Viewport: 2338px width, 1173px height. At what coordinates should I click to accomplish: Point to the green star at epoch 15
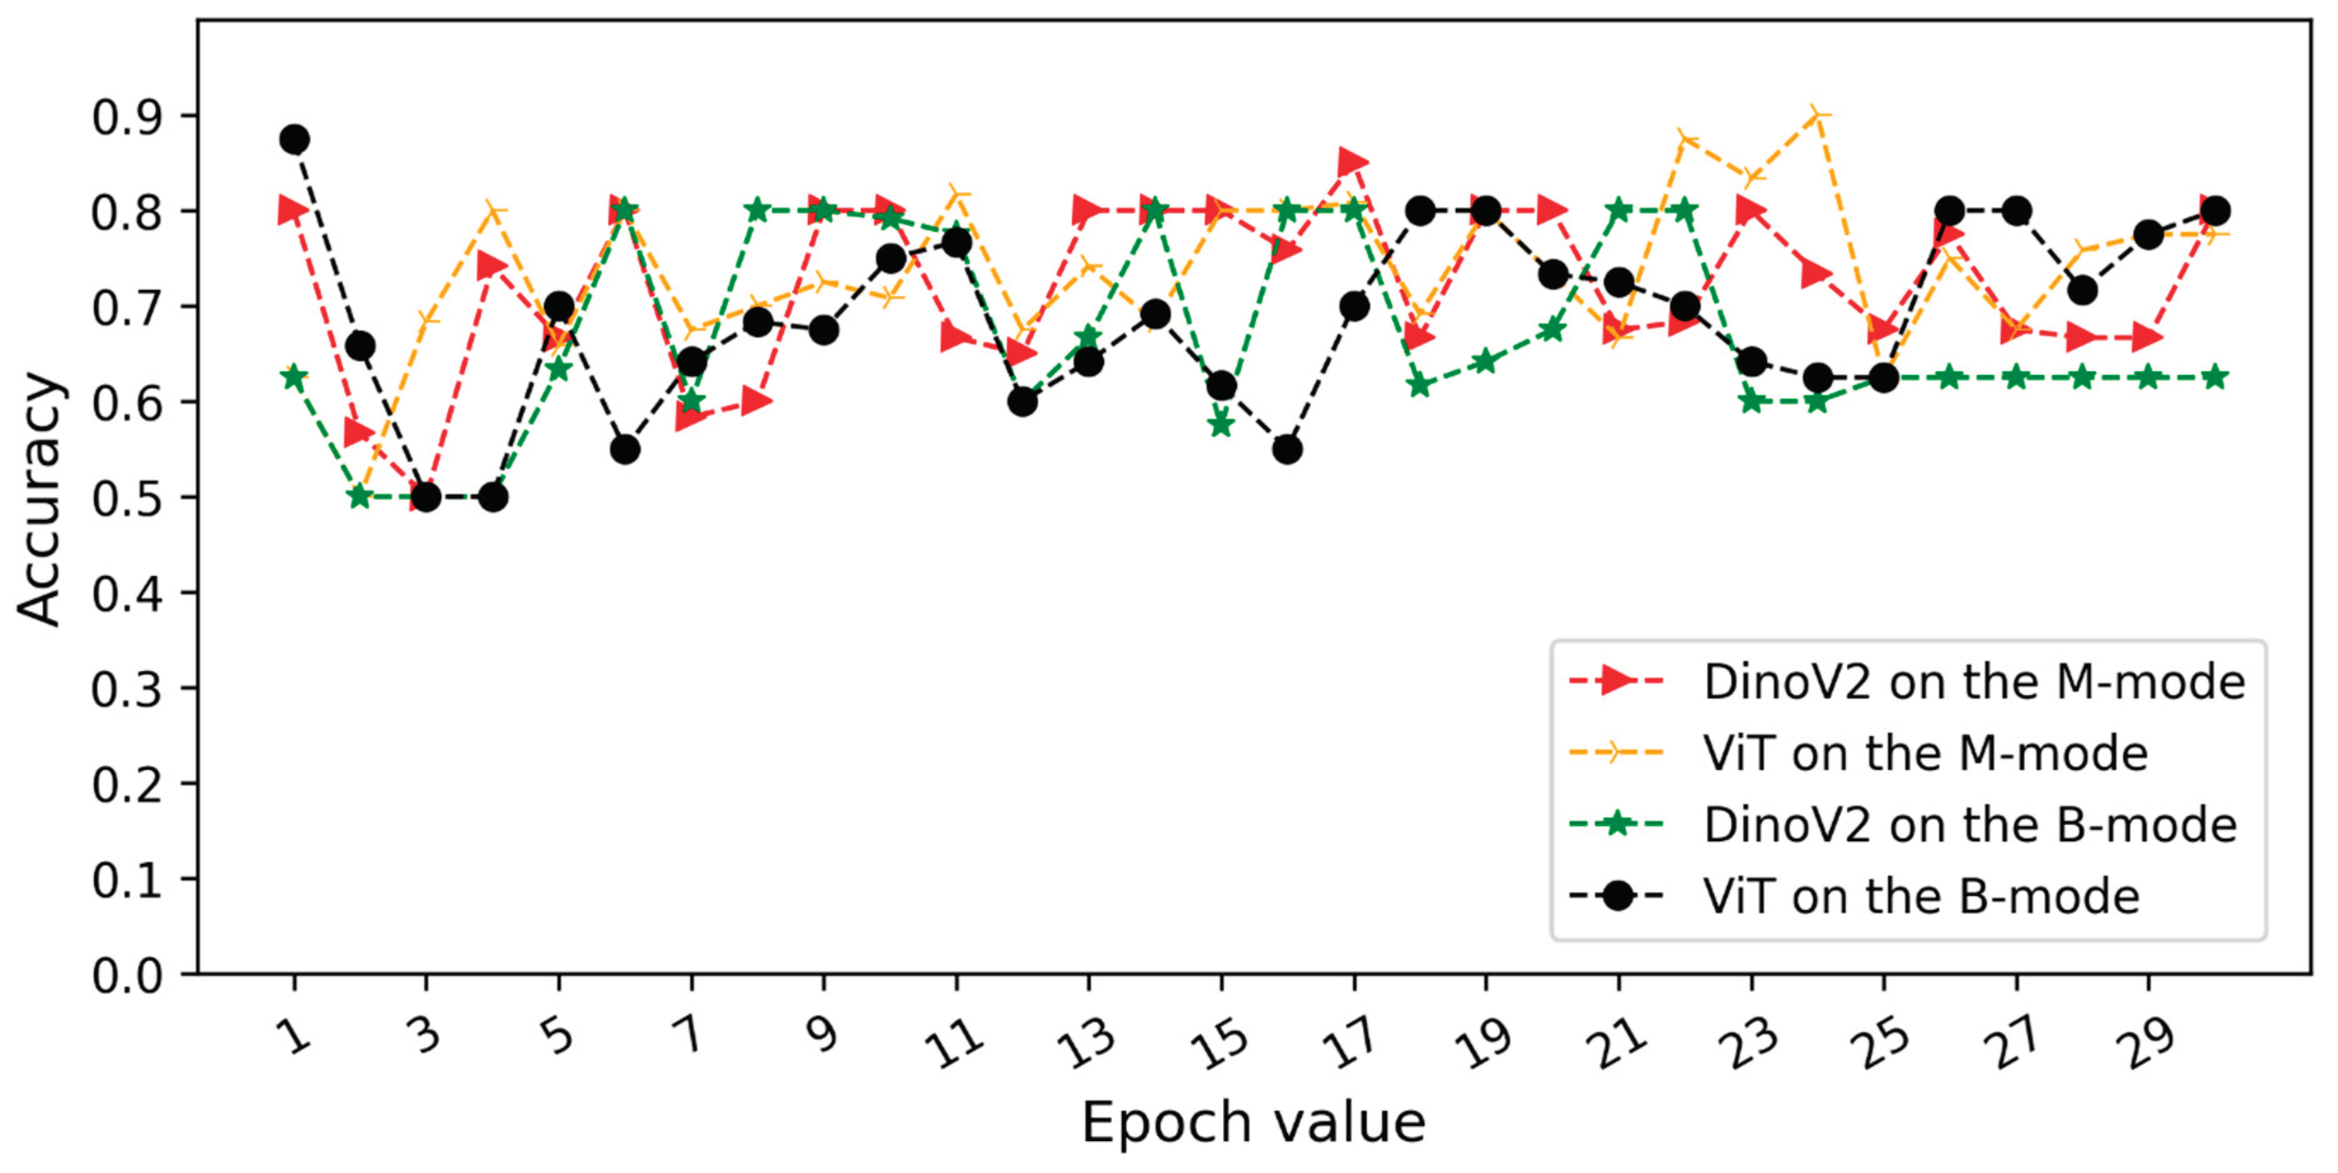point(1222,424)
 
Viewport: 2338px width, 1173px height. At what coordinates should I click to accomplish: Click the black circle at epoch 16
point(1287,449)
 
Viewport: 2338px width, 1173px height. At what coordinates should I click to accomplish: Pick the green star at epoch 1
point(294,377)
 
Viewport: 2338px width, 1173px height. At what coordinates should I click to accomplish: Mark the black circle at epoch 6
point(625,449)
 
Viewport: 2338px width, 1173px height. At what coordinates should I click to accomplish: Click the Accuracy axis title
point(40,498)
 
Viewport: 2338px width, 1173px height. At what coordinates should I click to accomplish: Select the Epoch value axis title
point(1253,1123)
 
